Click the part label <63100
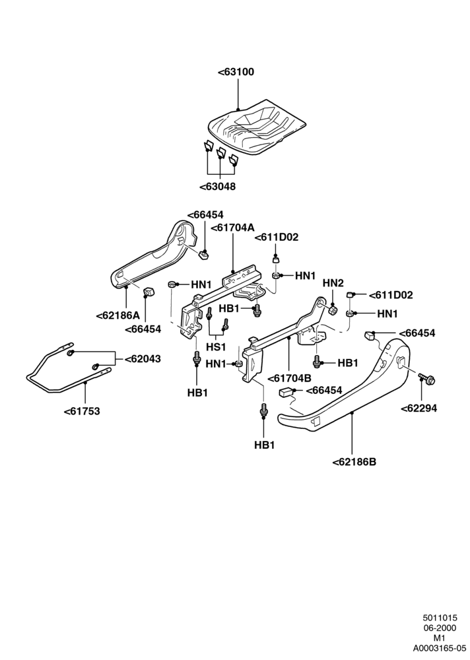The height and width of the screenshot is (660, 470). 236,72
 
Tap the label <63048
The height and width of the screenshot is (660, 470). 217,186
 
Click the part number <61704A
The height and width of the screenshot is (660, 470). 232,228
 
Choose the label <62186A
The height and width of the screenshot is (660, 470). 118,315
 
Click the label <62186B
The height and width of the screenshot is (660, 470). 354,462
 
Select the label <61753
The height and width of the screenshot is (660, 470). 82,411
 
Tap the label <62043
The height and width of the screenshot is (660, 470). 143,359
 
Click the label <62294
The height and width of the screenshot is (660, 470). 419,408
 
